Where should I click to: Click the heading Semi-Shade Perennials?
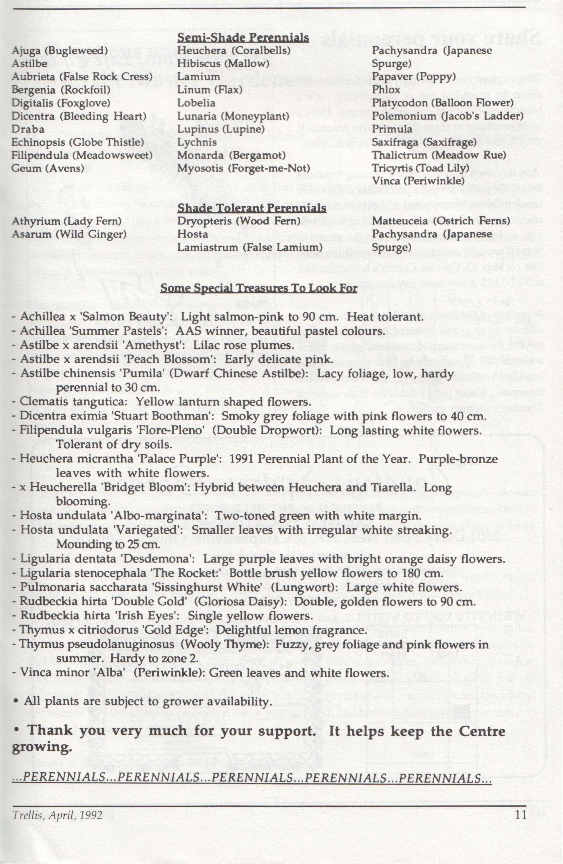pos(243,37)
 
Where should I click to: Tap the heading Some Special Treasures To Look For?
pos(259,289)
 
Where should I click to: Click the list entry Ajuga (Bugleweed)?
pos(60,50)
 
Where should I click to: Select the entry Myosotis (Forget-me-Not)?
pos(243,168)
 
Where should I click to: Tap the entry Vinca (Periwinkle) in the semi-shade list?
pos(418,180)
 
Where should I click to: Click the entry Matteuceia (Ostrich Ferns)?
pos(441,221)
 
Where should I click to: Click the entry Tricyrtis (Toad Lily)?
pos(421,168)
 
